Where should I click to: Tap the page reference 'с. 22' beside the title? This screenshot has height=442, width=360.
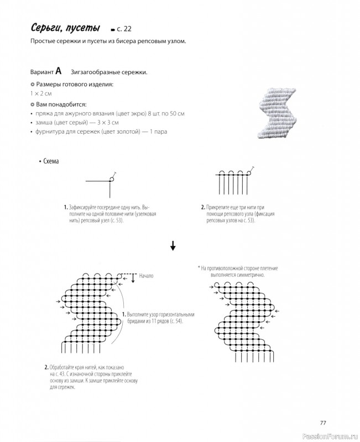point(125,29)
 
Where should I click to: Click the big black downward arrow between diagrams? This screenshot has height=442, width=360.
point(173,246)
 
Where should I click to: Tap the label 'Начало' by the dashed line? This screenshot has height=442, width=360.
point(147,275)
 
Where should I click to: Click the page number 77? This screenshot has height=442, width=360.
point(324,423)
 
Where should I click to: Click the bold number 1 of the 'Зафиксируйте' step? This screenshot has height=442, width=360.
point(65,207)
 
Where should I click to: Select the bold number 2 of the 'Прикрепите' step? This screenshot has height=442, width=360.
point(203,207)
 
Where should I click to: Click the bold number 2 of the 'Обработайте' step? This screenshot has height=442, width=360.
point(46,367)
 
